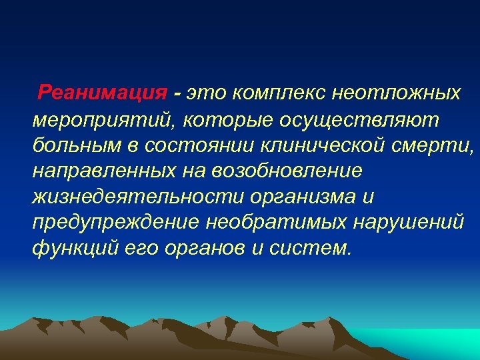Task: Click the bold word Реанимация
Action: [101, 92]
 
